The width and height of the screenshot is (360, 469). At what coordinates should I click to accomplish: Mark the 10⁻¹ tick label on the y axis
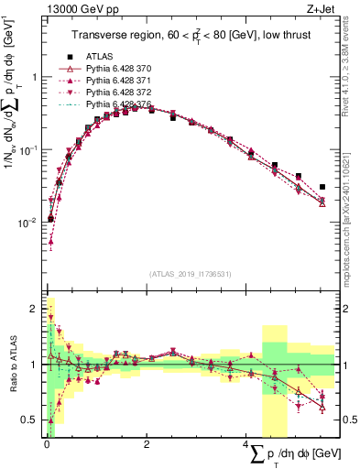tap(29, 149)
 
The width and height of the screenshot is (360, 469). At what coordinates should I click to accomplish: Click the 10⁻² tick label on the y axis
tap(29, 222)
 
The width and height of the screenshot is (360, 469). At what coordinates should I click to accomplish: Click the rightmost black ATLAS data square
tap(322, 187)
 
